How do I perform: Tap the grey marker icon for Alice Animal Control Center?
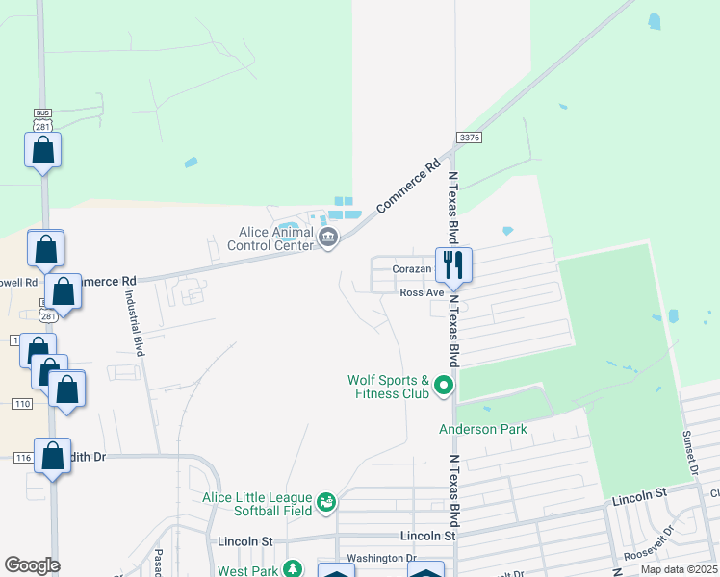pyautogui.click(x=327, y=238)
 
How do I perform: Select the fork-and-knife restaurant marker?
pyautogui.click(x=453, y=263)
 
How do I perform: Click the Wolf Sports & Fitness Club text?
pyautogui.click(x=388, y=386)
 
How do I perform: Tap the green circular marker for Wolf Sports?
pyautogui.click(x=444, y=386)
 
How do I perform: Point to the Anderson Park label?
pyautogui.click(x=483, y=429)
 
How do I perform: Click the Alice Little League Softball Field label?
pyautogui.click(x=258, y=504)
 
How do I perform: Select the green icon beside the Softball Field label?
pyautogui.click(x=327, y=501)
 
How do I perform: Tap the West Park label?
pyautogui.click(x=247, y=571)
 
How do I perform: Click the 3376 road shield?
pyautogui.click(x=468, y=138)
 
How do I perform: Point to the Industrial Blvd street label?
pyautogui.click(x=135, y=324)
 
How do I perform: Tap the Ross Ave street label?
pyautogui.click(x=421, y=292)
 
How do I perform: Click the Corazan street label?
pyautogui.click(x=410, y=270)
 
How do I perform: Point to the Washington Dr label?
pyautogui.click(x=381, y=558)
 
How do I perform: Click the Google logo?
pyautogui.click(x=32, y=566)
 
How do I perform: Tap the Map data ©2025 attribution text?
pyautogui.click(x=678, y=569)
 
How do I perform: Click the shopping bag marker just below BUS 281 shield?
pyautogui.click(x=43, y=150)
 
